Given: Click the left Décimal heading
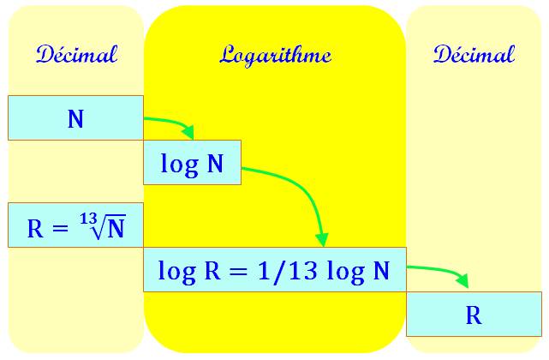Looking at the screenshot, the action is pyautogui.click(x=76, y=54).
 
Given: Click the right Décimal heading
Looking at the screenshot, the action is pyautogui.click(x=474, y=54).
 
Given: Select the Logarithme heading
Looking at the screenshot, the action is pyautogui.click(x=275, y=56).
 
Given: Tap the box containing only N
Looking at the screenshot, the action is pyautogui.click(x=75, y=117).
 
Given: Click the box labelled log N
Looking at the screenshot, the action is pyautogui.click(x=192, y=162).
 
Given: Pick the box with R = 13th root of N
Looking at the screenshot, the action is pyautogui.click(x=75, y=225).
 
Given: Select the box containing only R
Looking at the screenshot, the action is pyautogui.click(x=474, y=314).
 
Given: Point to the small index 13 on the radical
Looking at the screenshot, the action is pyautogui.click(x=88, y=219).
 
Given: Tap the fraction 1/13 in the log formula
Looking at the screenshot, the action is pyautogui.click(x=288, y=270).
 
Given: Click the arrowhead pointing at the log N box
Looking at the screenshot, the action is pyautogui.click(x=188, y=132).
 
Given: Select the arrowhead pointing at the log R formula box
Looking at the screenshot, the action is pyautogui.click(x=322, y=240).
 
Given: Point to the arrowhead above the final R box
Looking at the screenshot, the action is pyautogui.click(x=462, y=280).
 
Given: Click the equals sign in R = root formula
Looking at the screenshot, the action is pyautogui.click(x=59, y=229).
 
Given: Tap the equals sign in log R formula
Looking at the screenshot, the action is pyautogui.click(x=238, y=272).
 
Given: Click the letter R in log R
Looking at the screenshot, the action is pyautogui.click(x=212, y=271).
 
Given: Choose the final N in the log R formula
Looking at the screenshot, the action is pyautogui.click(x=381, y=271).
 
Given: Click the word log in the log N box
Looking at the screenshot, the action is pyautogui.click(x=180, y=165).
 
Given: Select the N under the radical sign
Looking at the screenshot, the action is pyautogui.click(x=116, y=230).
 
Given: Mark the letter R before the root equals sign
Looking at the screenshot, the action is pyautogui.click(x=35, y=229).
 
